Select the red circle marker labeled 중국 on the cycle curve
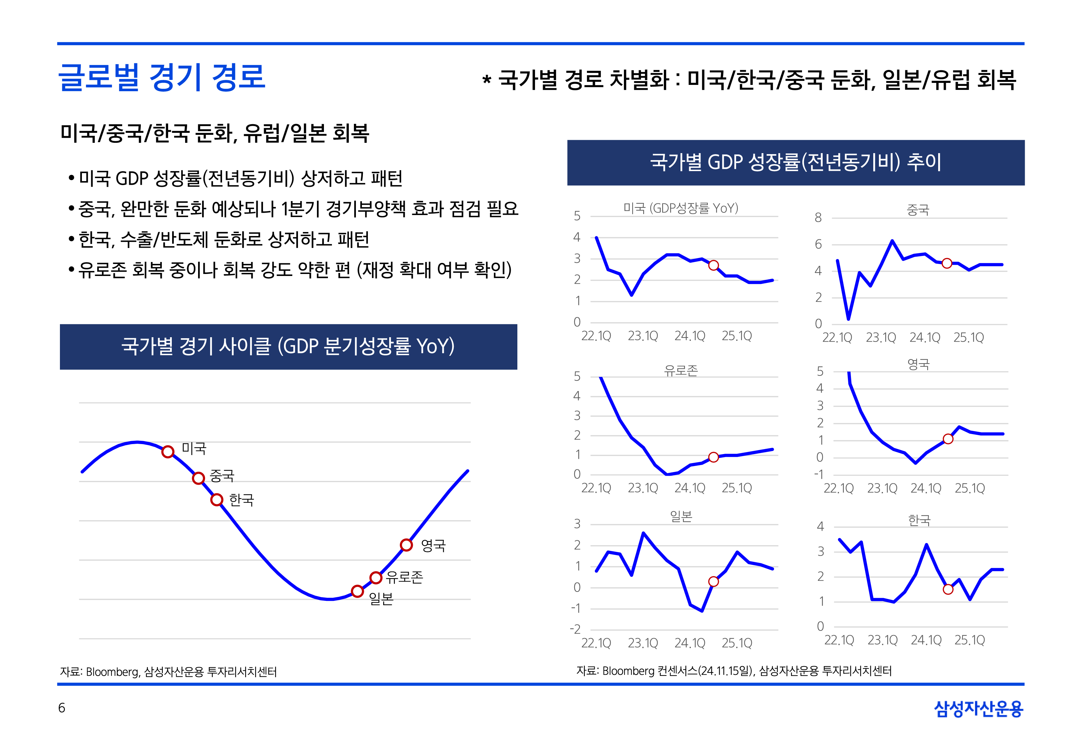[198, 478]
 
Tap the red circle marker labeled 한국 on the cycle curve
[216, 500]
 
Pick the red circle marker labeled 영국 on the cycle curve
[406, 545]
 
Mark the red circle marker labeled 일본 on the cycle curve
[358, 591]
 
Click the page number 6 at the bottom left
[62, 708]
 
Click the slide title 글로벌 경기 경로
[162, 78]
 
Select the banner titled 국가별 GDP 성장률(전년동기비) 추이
[795, 162]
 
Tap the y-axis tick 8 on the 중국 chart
[818, 218]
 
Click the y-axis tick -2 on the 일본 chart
[575, 629]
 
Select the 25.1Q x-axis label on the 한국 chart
[969, 640]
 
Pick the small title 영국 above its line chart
[918, 364]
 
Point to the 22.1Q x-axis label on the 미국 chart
[596, 336]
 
